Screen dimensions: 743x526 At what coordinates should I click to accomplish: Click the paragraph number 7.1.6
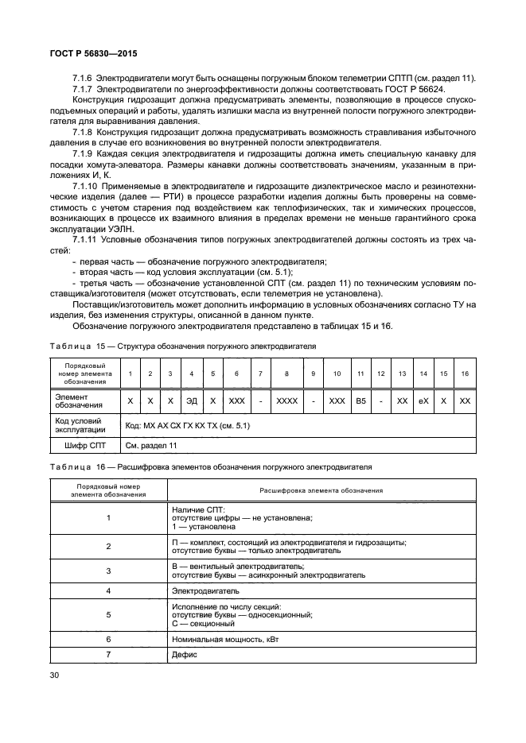click(x=84, y=78)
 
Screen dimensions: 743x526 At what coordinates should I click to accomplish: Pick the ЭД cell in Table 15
click(x=191, y=401)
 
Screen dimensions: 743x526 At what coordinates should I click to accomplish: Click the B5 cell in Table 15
click(x=360, y=401)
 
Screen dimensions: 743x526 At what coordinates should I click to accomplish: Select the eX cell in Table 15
click(x=423, y=401)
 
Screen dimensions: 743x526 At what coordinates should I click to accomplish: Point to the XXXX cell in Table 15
click(x=286, y=401)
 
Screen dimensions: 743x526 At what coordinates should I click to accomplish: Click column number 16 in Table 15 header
click(x=466, y=373)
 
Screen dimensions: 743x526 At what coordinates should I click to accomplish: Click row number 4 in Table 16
click(x=107, y=591)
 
